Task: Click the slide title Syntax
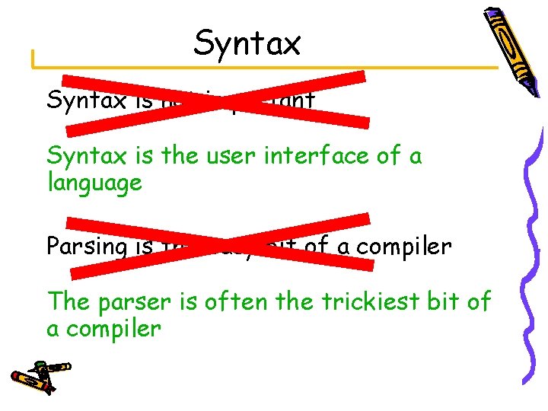(247, 43)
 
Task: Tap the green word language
(94, 183)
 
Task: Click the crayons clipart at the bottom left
(38, 375)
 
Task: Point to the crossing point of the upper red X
(215, 99)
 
